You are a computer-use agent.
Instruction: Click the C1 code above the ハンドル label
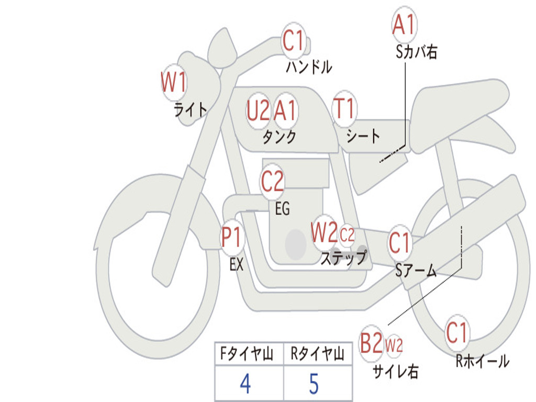(293, 40)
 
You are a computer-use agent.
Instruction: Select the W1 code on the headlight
(174, 82)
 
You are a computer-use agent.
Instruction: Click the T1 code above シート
(344, 108)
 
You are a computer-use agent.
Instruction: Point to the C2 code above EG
(272, 181)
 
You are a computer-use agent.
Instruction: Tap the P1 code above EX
(232, 237)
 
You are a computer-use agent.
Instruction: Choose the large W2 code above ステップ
(324, 232)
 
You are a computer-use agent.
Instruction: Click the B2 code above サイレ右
(371, 343)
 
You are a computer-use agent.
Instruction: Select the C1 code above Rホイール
(456, 332)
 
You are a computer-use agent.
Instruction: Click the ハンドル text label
(309, 66)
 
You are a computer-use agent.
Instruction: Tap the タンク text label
(279, 137)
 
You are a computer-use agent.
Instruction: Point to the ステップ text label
(344, 258)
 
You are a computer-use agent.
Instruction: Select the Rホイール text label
(482, 361)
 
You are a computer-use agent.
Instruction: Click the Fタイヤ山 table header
(247, 353)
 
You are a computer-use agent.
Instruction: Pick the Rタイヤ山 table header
(317, 353)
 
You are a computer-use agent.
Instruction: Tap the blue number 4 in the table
(245, 384)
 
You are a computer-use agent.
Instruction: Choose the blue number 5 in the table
(314, 384)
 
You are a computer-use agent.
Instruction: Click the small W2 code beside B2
(394, 345)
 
